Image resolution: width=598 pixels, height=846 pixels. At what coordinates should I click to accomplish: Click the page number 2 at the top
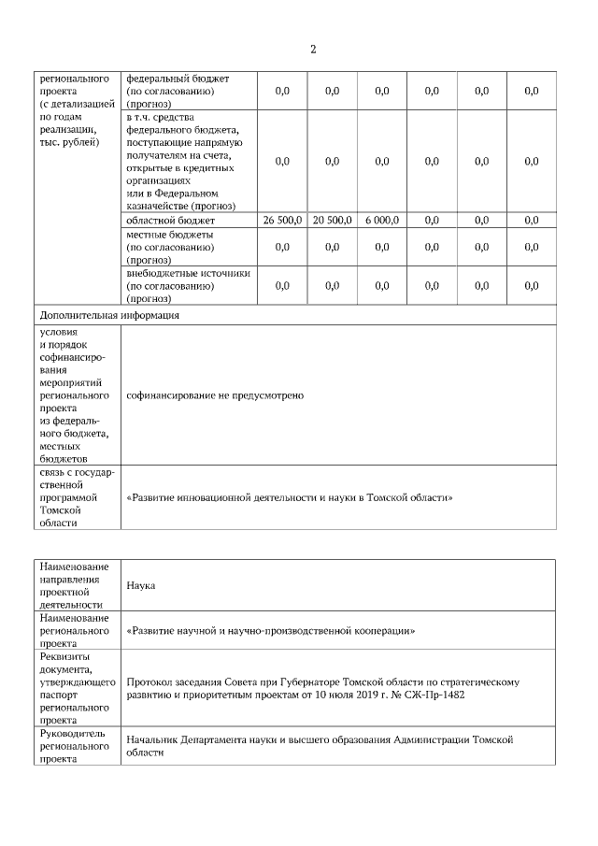pos(313,50)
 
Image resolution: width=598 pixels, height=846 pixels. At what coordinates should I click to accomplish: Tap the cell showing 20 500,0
pos(332,220)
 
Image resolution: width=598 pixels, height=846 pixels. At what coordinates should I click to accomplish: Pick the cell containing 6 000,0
pos(381,220)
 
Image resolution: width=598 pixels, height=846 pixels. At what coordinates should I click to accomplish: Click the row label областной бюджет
pos(158,220)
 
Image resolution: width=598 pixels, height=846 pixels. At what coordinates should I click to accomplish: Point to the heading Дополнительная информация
pos(107,315)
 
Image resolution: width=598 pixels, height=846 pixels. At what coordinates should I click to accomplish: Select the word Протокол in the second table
pos(149,682)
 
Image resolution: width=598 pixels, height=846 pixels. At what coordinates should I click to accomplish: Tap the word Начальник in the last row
pos(153,739)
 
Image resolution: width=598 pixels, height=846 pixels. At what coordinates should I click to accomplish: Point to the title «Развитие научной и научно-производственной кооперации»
pos(270,631)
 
